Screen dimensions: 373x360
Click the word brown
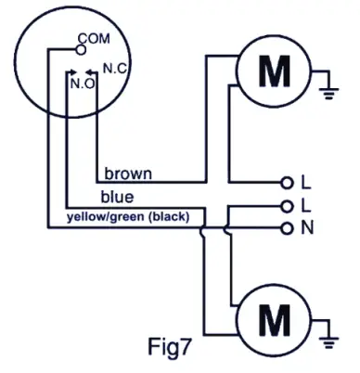point(128,174)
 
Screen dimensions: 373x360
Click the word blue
point(117,197)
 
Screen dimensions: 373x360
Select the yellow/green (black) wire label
point(128,217)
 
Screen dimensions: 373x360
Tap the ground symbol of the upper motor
point(326,91)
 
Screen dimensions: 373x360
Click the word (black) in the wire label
point(168,217)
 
